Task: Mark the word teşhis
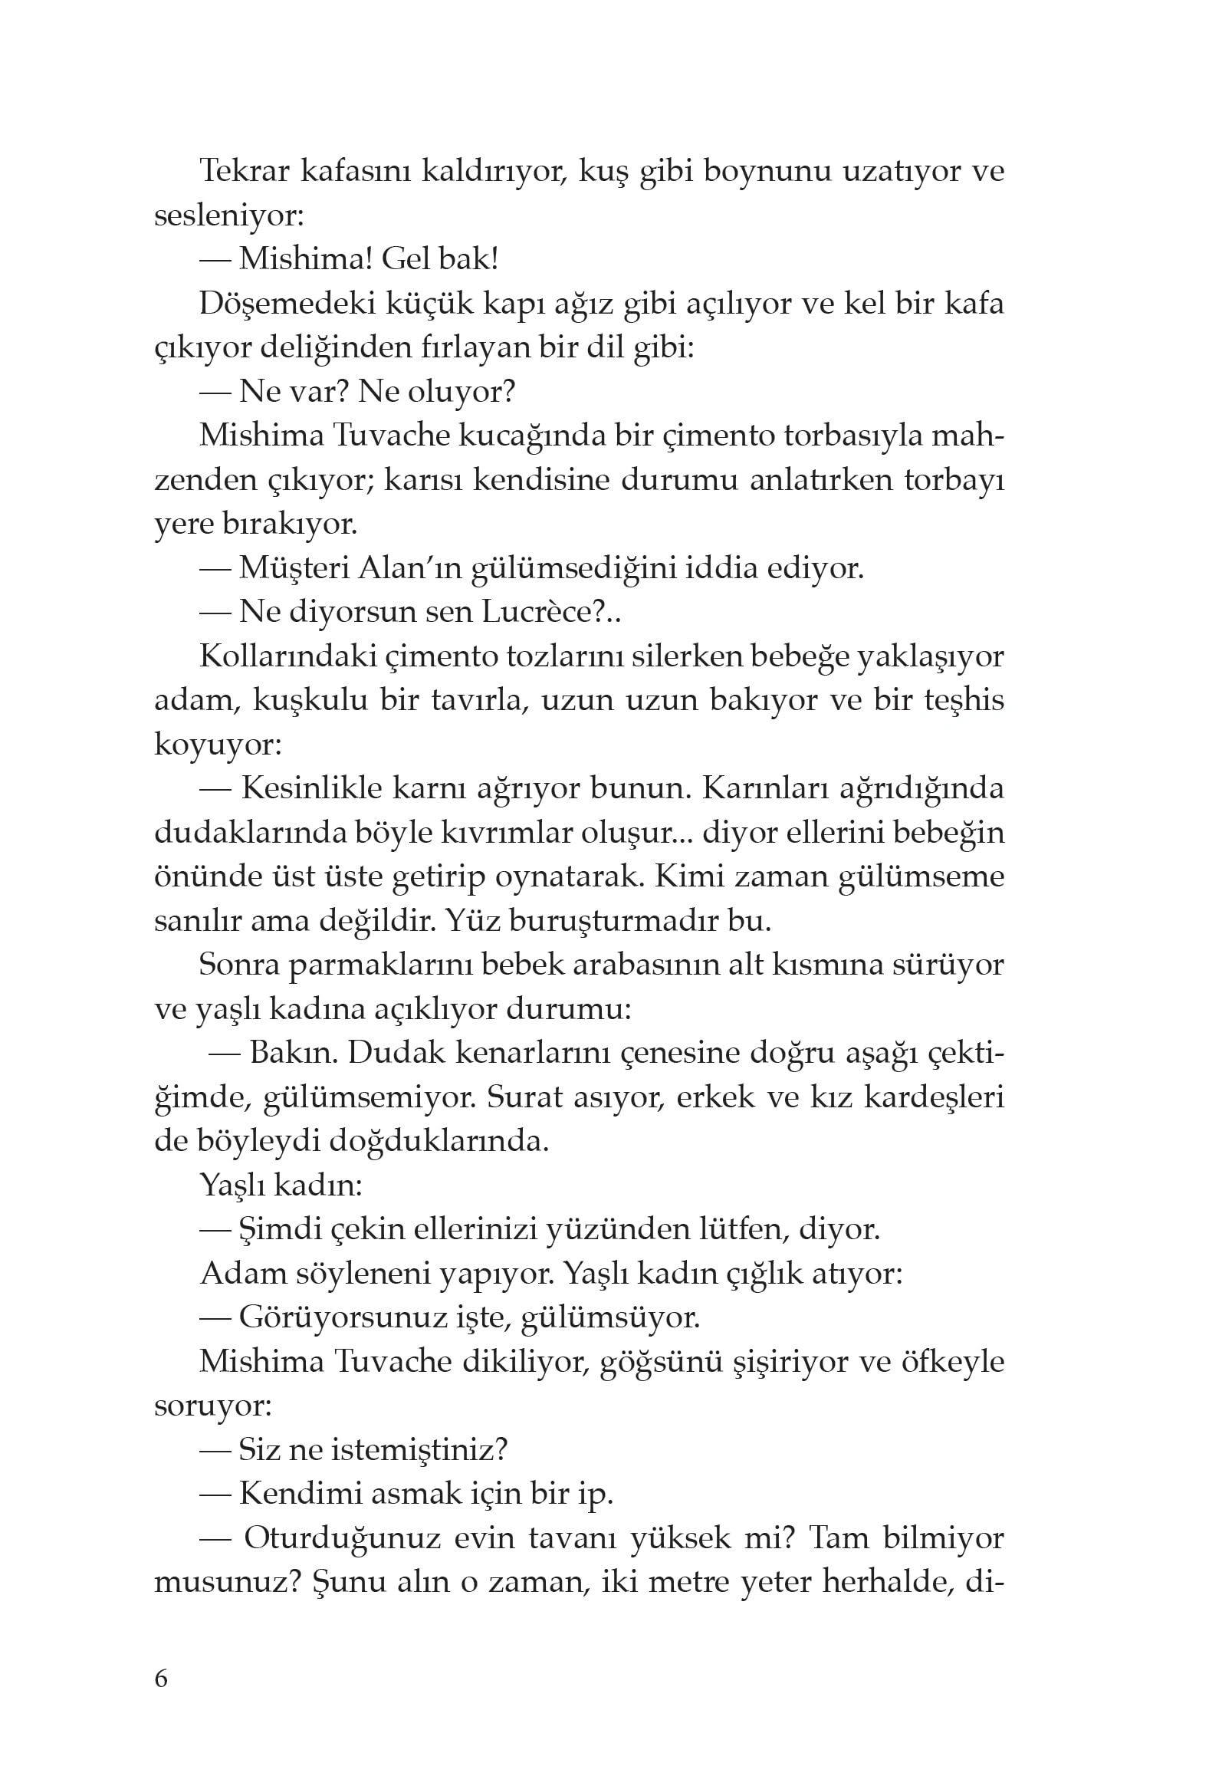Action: click(962, 700)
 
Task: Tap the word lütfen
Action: click(742, 1230)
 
